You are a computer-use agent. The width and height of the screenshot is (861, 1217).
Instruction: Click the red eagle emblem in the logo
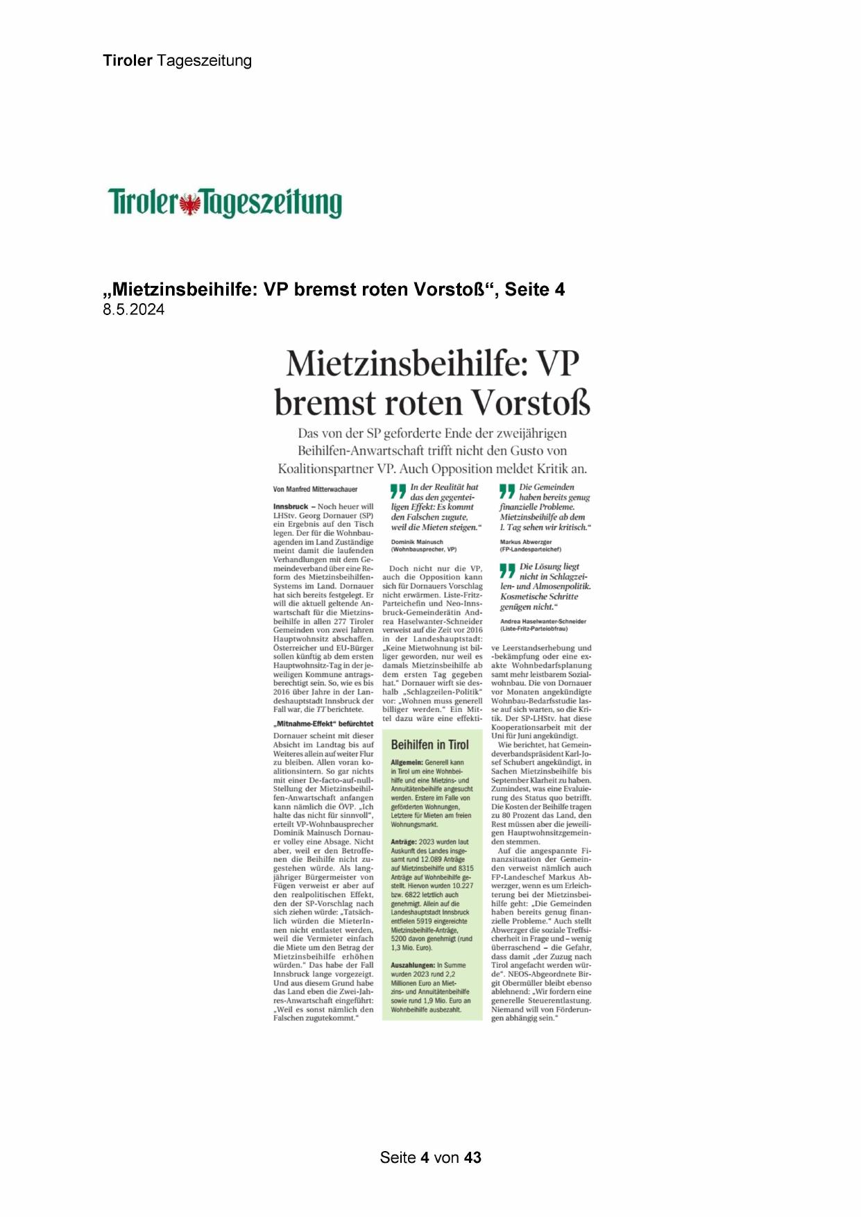190,205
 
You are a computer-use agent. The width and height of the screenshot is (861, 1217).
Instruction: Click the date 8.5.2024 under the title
134,310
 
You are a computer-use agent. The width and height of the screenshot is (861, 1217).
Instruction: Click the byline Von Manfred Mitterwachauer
316,489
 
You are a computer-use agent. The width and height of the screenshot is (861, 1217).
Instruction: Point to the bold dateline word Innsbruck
291,507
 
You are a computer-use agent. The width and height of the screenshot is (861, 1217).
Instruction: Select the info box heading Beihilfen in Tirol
430,744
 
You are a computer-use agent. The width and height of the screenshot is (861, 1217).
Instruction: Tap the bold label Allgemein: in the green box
407,762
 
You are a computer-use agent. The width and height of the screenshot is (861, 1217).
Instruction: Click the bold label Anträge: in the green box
404,841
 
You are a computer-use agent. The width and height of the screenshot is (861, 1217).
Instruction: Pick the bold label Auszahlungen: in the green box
413,965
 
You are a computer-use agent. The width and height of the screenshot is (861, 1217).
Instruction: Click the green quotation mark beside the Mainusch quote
398,491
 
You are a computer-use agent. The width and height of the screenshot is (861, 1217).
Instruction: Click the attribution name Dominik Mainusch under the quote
417,542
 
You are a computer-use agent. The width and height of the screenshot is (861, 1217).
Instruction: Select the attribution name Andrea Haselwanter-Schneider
543,621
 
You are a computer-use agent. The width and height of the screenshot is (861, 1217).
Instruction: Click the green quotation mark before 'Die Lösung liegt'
507,570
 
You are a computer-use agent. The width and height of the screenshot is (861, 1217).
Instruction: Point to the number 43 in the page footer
472,1157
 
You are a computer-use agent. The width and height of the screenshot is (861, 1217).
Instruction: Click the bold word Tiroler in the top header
128,60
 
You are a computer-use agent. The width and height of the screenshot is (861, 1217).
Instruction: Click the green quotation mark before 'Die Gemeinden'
507,491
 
